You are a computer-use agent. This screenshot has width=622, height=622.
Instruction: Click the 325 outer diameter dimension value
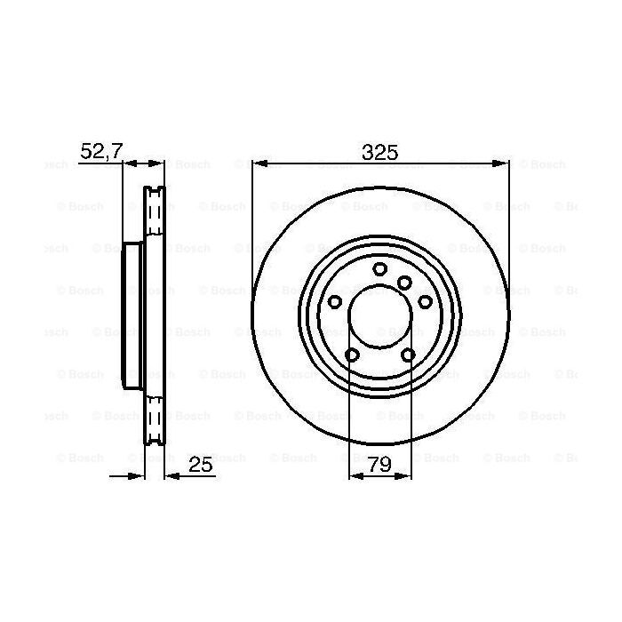pyautogui.click(x=379, y=151)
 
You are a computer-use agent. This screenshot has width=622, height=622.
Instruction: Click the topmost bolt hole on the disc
pyautogui.click(x=380, y=269)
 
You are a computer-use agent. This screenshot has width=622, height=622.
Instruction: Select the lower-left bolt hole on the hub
pyautogui.click(x=351, y=355)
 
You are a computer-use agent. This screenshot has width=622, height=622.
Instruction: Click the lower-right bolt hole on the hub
pyautogui.click(x=409, y=355)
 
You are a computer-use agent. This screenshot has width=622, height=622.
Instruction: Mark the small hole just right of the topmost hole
pyautogui.click(x=404, y=283)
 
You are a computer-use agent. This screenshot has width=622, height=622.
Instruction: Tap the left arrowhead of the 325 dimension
pyautogui.click(x=259, y=163)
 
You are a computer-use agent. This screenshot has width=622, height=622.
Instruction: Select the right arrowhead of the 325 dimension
pyautogui.click(x=503, y=163)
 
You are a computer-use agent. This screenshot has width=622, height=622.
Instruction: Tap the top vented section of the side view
pyautogui.click(x=155, y=213)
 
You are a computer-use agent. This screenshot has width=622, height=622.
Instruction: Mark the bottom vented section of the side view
pyautogui.click(x=155, y=418)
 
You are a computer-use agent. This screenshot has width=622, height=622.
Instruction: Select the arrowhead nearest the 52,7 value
pyautogui.click(x=128, y=163)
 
